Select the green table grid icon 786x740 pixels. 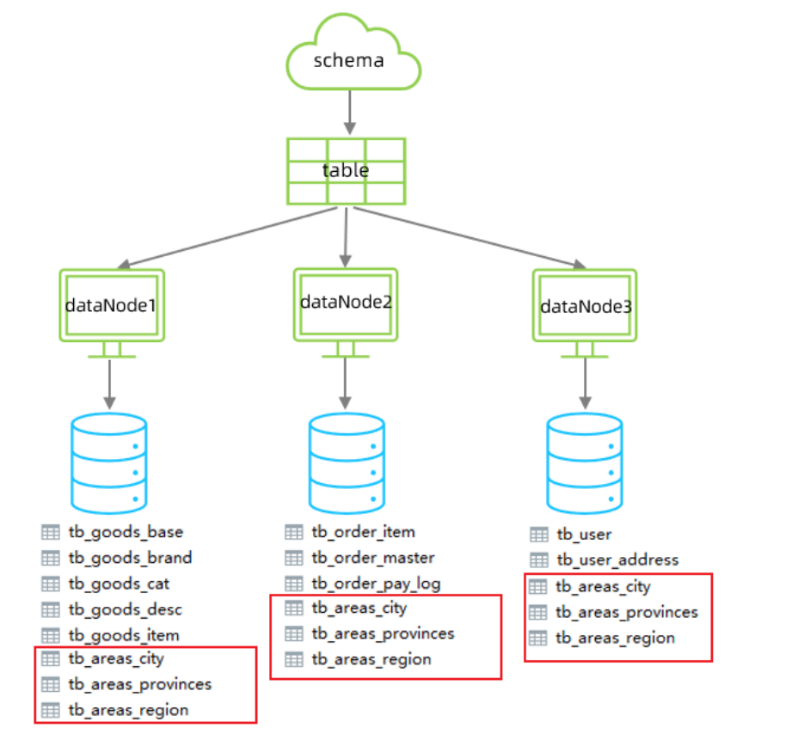click(x=346, y=170)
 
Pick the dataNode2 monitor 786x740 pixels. click(x=345, y=303)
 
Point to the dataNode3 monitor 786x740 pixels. click(x=584, y=306)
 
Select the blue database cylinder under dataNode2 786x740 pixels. click(x=346, y=462)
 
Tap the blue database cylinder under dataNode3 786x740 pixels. click(x=585, y=462)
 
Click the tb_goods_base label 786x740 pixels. click(x=126, y=532)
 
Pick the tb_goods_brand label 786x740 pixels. click(x=130, y=558)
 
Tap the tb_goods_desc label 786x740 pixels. click(x=126, y=609)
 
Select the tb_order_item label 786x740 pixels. click(x=363, y=532)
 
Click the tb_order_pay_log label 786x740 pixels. click(x=376, y=584)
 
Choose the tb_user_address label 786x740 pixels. click(x=617, y=560)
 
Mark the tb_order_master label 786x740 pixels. click(x=373, y=558)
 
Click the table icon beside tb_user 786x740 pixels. click(x=539, y=535)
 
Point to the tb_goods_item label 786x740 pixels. click(x=124, y=635)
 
